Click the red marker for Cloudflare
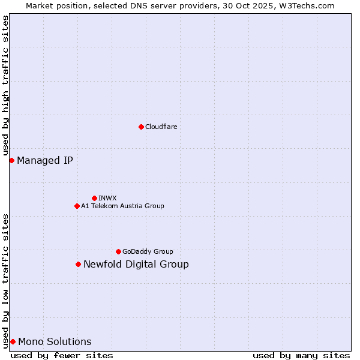click(141, 127)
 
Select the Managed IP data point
click(11, 160)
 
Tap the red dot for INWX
click(94, 198)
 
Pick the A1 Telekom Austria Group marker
click(77, 206)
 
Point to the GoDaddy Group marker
click(118, 251)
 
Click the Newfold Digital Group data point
click(78, 264)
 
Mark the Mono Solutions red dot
click(13, 341)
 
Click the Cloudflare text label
click(161, 127)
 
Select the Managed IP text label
click(45, 160)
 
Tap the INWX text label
click(107, 198)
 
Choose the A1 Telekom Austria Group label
click(122, 206)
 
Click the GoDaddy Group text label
click(148, 251)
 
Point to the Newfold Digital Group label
click(136, 264)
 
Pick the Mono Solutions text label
click(55, 341)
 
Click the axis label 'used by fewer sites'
click(62, 355)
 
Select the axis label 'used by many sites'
click(301, 355)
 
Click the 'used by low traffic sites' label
click(5, 280)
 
